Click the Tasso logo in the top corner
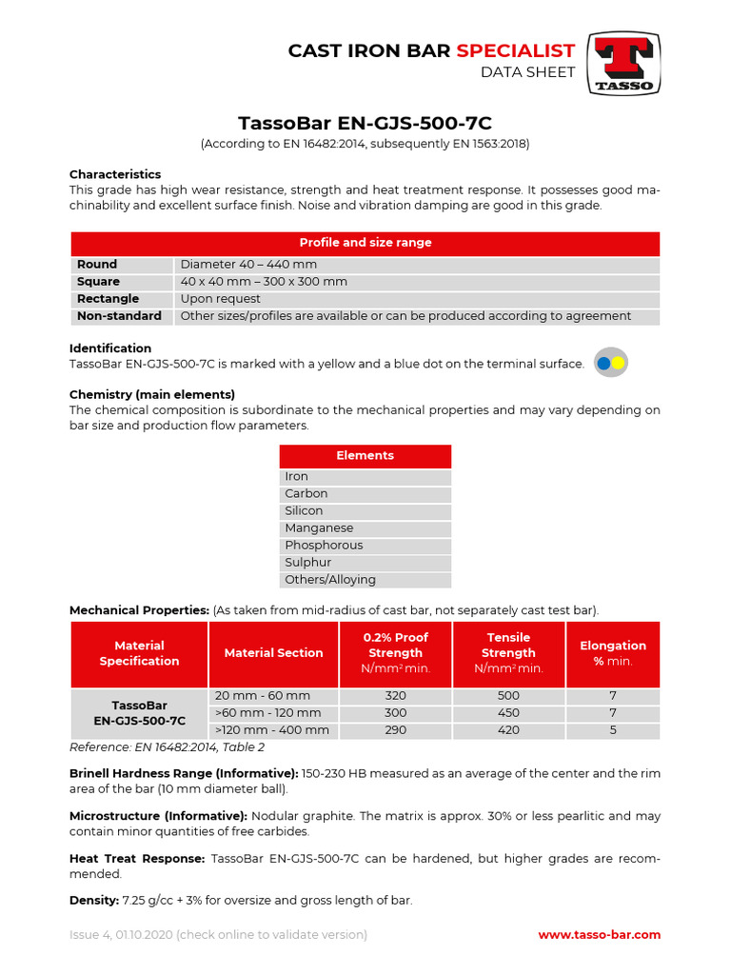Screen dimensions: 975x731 [623, 64]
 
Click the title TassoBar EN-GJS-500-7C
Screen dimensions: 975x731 [365, 124]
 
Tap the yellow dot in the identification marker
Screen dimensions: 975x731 [617, 363]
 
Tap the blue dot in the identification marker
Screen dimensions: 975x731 [603, 363]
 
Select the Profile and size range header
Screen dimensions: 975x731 [365, 243]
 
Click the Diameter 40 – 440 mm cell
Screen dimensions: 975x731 [248, 265]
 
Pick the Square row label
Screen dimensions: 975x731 [98, 282]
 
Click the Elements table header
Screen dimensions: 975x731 [365, 456]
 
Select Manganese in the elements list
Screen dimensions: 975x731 [319, 528]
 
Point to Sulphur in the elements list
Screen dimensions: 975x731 [309, 563]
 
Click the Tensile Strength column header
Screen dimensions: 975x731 [508, 652]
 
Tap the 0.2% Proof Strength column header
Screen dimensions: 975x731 [395, 652]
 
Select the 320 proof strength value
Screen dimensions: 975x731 [395, 696]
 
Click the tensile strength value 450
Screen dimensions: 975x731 [508, 713]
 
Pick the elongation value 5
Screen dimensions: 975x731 [613, 730]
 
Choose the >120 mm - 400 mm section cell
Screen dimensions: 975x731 [272, 730]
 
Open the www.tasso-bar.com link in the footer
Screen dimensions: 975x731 [599, 935]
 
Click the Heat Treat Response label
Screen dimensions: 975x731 [137, 859]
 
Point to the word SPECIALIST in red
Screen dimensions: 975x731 [515, 50]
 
